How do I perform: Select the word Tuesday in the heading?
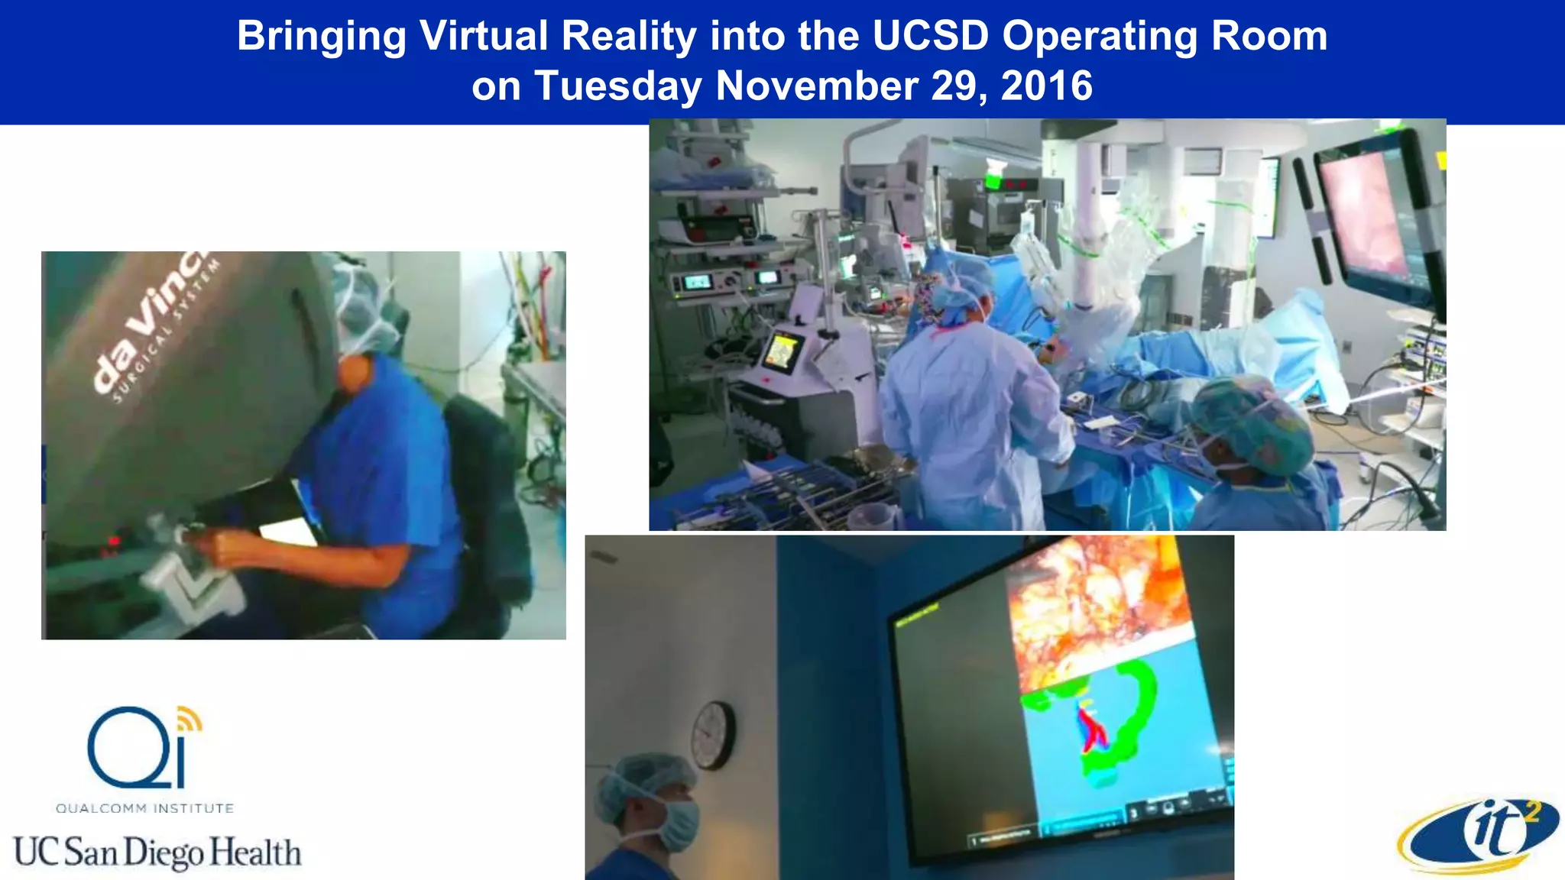coord(617,86)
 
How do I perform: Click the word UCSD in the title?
coord(931,36)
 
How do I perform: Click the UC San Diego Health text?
coord(157,852)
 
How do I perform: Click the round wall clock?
coord(712,736)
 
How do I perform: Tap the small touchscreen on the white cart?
coord(780,353)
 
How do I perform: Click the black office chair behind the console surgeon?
coord(489,489)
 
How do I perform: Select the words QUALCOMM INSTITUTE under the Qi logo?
coord(144,808)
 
